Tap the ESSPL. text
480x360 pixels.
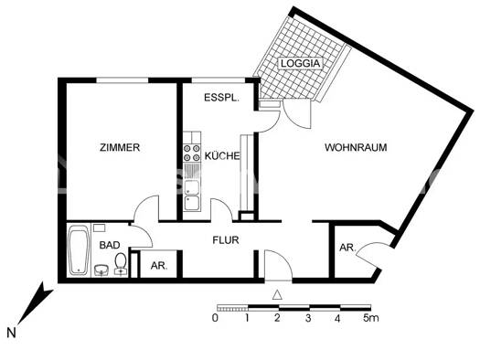point(221,96)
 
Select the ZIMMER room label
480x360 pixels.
point(121,148)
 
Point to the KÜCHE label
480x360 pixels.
point(222,156)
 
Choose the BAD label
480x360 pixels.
point(110,245)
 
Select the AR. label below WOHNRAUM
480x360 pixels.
point(347,248)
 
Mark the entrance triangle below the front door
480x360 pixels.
point(277,294)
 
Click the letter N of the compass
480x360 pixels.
point(11,334)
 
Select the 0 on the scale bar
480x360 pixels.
point(215,319)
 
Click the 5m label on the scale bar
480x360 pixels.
point(370,319)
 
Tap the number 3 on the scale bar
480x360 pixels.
point(308,319)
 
